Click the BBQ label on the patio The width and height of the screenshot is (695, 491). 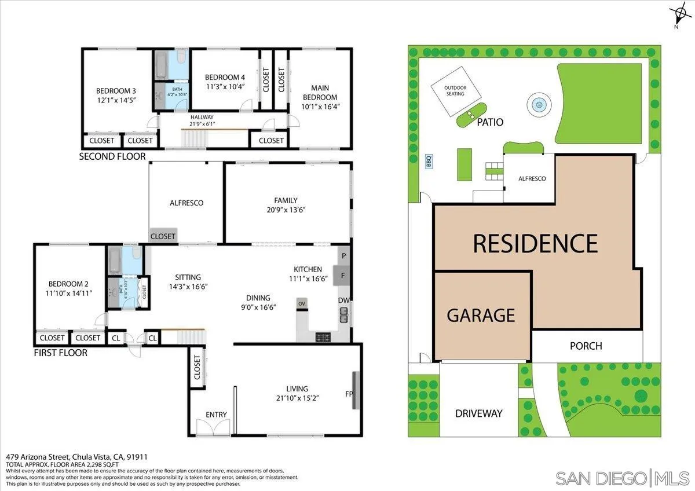[x=429, y=160]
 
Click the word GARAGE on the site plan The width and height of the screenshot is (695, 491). [x=481, y=315]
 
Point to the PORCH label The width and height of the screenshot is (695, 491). [x=586, y=346]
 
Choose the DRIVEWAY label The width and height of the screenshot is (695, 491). [x=478, y=413]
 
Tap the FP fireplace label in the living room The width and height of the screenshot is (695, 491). [x=349, y=394]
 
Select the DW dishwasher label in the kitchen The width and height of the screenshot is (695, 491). [x=343, y=300]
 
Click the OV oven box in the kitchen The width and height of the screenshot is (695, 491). [x=302, y=304]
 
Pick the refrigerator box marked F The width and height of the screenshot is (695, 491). [x=343, y=276]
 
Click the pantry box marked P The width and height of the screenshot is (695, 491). [x=343, y=256]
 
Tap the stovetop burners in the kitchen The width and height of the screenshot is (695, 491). [x=323, y=336]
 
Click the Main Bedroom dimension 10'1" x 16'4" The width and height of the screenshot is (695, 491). [x=319, y=107]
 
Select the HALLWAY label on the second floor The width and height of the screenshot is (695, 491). [x=202, y=117]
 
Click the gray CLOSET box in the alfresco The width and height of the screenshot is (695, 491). [x=163, y=236]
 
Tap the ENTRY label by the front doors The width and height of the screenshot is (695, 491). [x=216, y=415]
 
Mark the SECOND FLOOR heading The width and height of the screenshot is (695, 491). [x=112, y=156]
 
